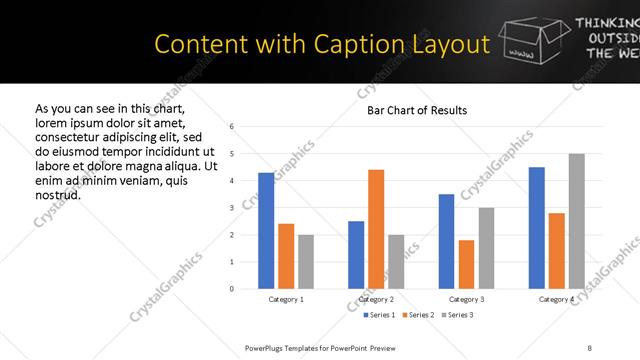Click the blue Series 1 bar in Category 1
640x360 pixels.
point(266,230)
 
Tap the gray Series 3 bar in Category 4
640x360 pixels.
point(576,221)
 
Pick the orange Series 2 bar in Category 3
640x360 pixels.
point(466,264)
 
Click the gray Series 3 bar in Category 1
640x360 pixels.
point(305,262)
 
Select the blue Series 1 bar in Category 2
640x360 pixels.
point(356,255)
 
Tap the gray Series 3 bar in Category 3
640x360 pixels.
point(486,248)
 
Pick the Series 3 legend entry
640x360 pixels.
point(456,316)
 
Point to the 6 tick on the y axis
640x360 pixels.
point(231,127)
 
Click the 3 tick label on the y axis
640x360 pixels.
point(231,208)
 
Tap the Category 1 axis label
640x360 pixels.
point(286,299)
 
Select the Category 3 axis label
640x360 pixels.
point(466,299)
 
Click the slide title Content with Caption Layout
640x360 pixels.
point(322,45)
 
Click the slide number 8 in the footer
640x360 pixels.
point(590,348)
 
